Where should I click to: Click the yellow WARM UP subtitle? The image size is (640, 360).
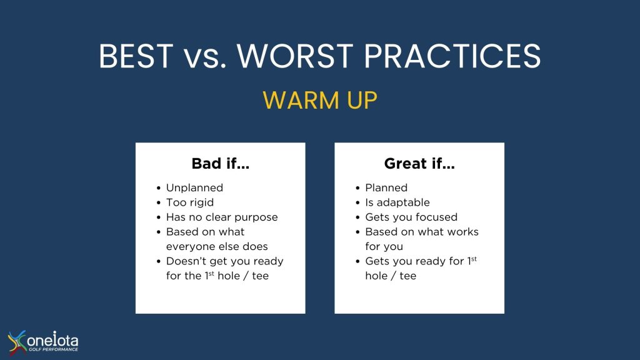point(320,100)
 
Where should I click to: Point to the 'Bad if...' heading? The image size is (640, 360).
point(221,164)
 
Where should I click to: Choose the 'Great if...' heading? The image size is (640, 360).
point(419,164)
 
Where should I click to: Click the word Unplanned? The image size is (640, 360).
point(195,187)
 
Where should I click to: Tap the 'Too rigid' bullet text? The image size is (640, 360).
point(190,202)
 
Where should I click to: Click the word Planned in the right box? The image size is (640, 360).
point(386,187)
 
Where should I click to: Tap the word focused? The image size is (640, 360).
point(437,217)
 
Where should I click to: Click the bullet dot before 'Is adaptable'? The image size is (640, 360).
point(357,203)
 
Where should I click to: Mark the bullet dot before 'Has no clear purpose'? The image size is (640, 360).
point(158,217)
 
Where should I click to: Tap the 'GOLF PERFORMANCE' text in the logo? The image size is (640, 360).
point(53,349)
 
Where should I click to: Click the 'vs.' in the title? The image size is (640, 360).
point(205,57)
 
